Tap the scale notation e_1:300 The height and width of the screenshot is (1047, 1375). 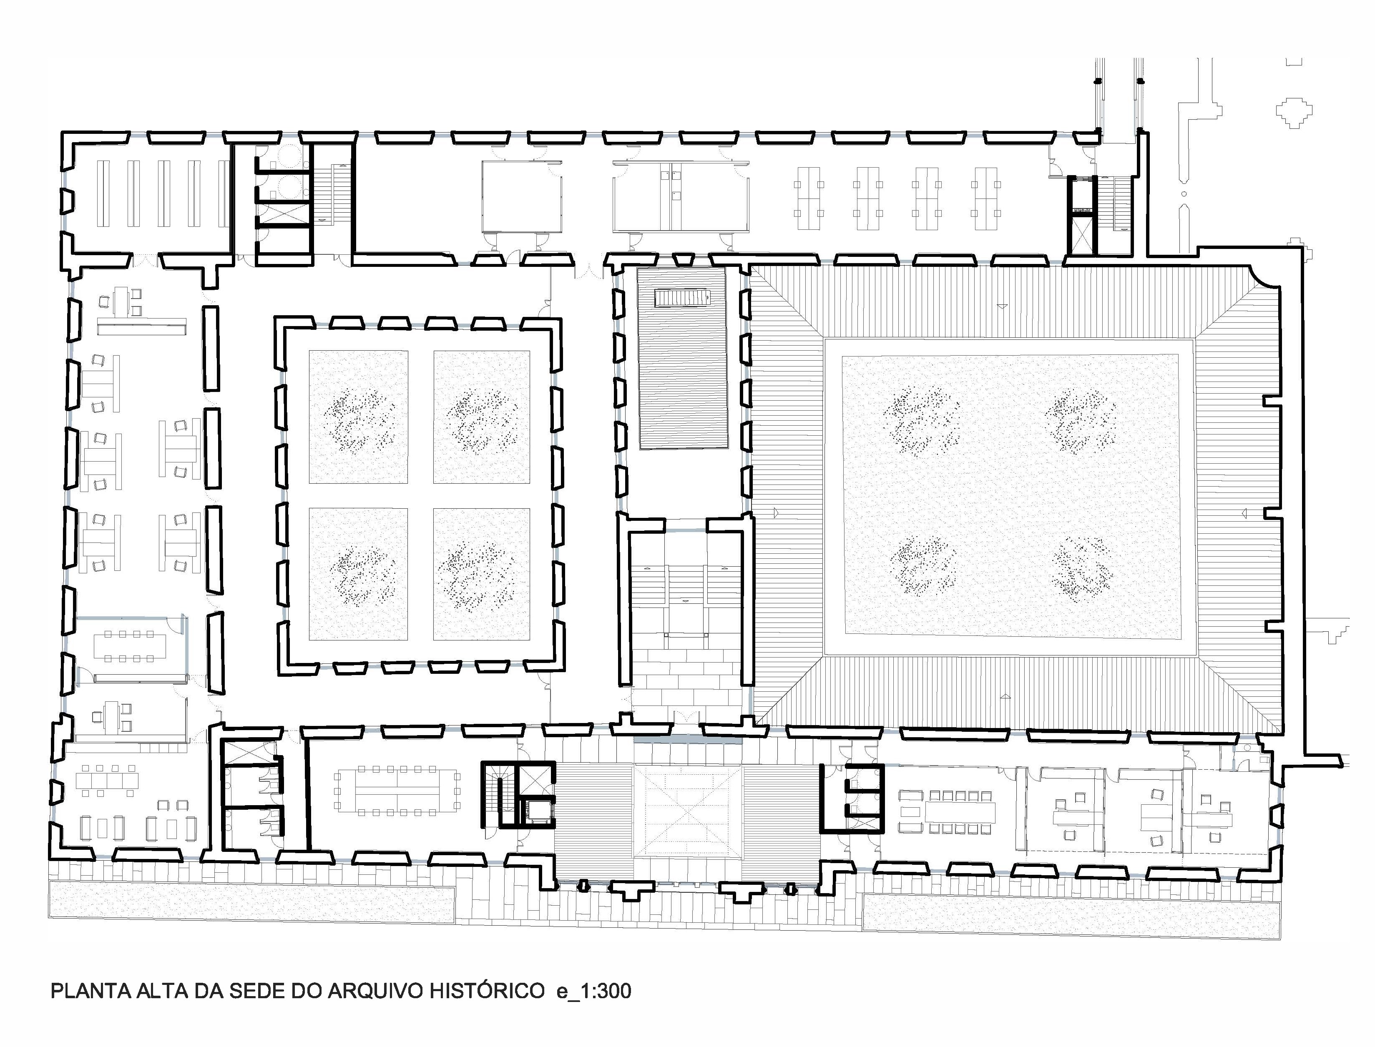[594, 991]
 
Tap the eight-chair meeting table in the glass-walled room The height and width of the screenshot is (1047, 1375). [130, 645]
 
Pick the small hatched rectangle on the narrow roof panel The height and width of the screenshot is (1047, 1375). [683, 299]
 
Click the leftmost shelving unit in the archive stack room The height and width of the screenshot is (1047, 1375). [103, 193]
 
